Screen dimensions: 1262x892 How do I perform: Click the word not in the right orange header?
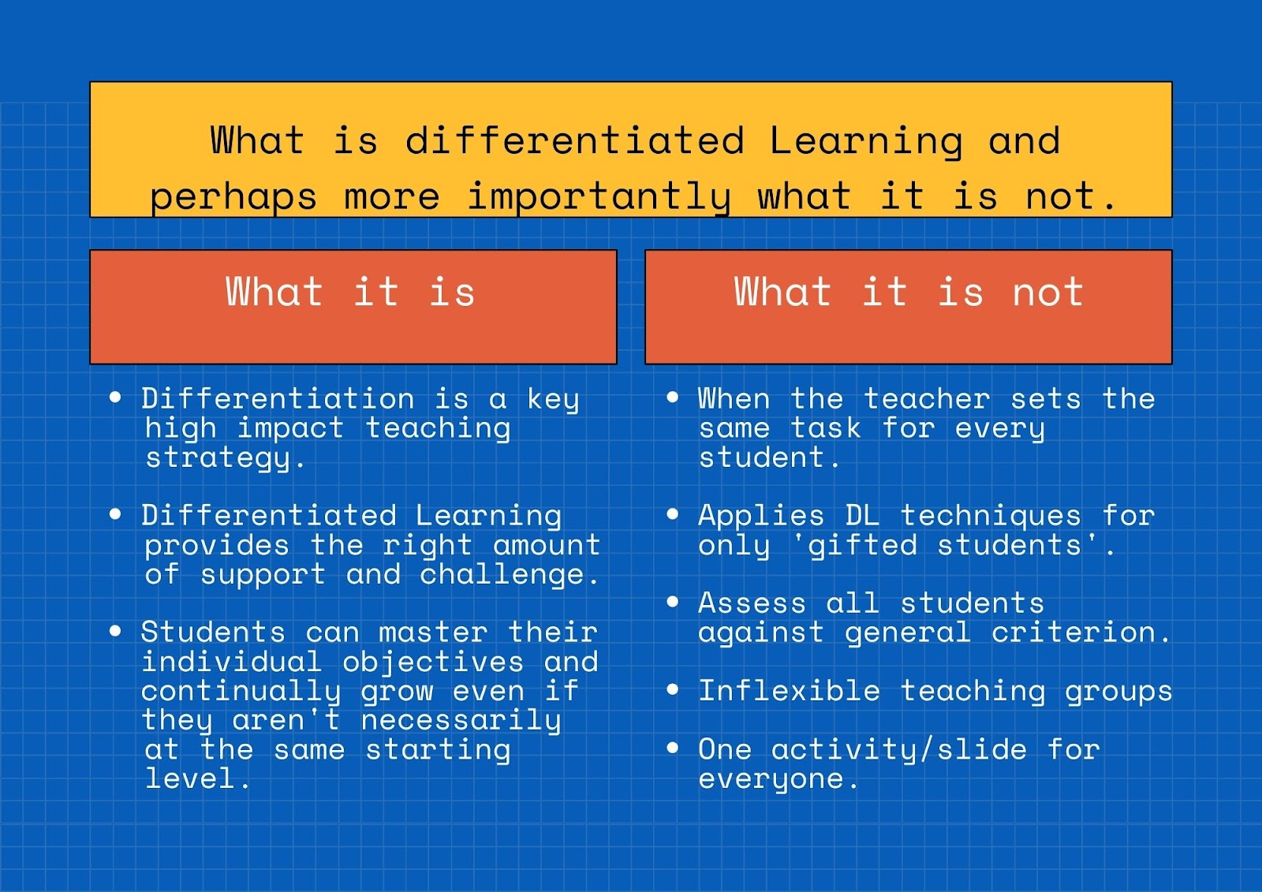[1048, 292]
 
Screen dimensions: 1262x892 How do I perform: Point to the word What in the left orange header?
[274, 291]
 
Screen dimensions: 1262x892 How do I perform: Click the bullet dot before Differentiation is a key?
[115, 397]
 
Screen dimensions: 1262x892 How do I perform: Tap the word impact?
[290, 429]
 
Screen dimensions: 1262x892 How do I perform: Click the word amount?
[547, 546]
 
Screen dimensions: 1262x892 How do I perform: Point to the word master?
[433, 633]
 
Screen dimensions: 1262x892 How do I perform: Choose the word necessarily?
[461, 721]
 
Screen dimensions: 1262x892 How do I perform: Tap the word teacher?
[927, 399]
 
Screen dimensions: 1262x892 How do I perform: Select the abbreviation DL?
[863, 516]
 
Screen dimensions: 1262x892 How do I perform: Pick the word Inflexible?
[789, 691]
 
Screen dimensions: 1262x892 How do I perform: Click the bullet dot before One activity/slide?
[672, 748]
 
